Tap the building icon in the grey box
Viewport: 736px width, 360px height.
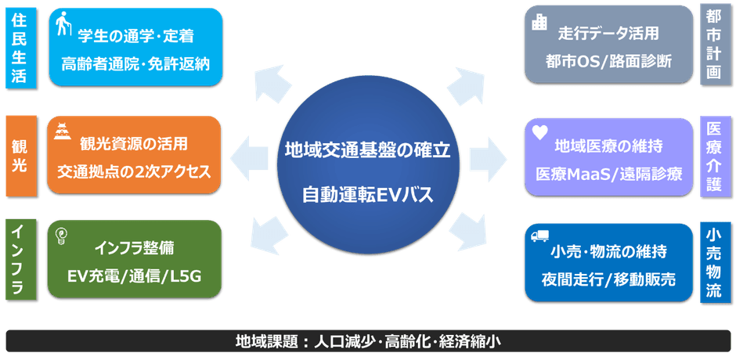point(539,23)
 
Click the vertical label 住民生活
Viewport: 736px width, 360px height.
point(20,47)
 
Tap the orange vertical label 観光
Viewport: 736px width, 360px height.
point(20,156)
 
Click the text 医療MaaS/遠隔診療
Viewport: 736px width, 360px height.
point(609,173)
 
